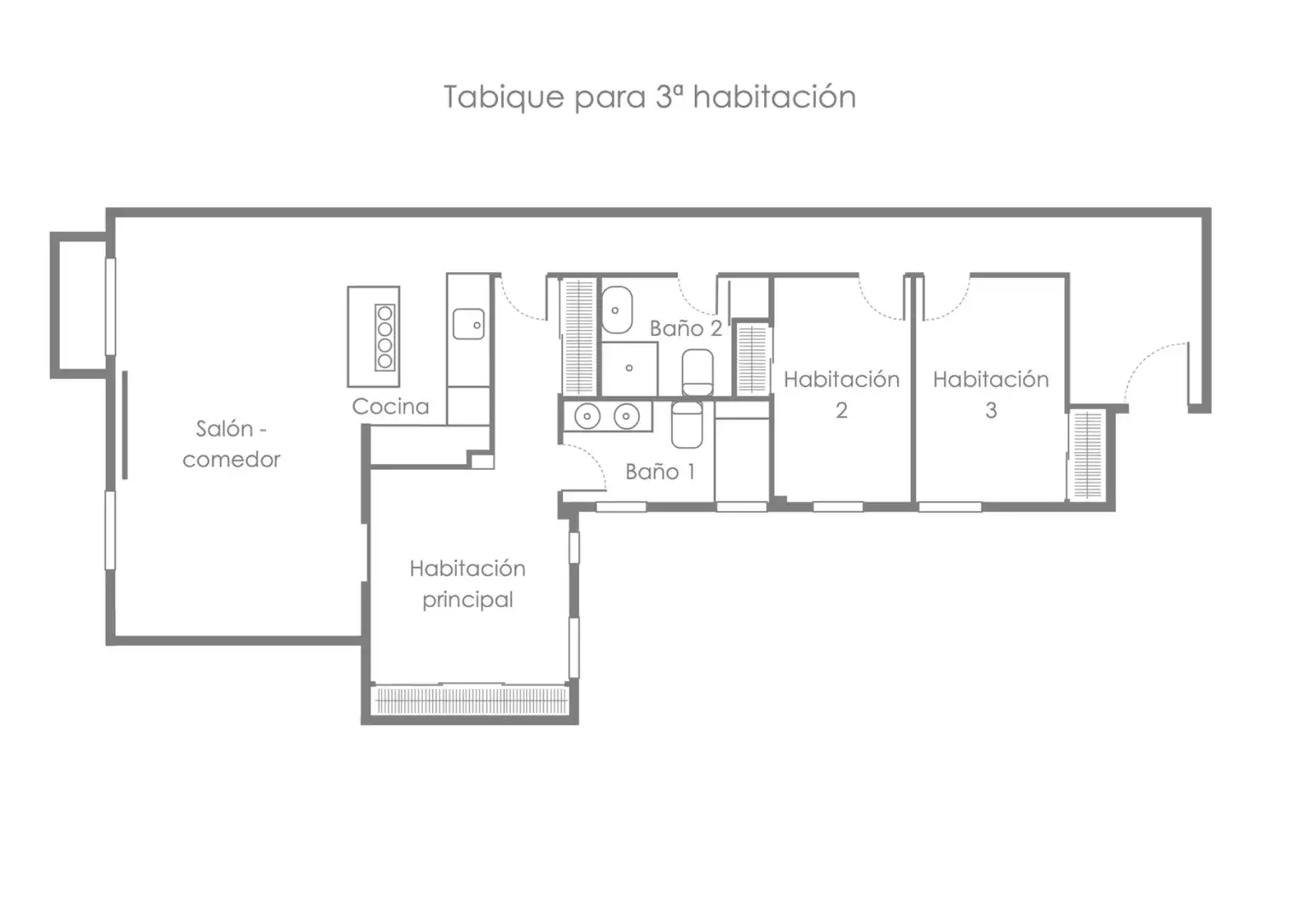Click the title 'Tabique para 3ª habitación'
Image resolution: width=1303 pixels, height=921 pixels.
click(x=650, y=96)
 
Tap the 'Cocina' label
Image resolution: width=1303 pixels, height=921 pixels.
click(x=391, y=406)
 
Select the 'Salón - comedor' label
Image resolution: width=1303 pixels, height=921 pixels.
click(x=231, y=444)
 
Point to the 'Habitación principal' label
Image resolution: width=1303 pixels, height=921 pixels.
click(x=467, y=583)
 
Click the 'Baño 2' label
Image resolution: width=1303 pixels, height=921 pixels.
click(x=686, y=328)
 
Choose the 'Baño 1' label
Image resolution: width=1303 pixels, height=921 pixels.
click(x=660, y=472)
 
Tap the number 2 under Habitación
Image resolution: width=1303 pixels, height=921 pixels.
click(x=842, y=411)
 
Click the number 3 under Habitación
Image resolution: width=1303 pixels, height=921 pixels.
click(x=991, y=411)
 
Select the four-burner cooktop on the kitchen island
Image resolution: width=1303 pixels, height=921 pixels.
click(x=385, y=338)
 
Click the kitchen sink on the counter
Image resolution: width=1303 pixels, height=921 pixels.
click(x=469, y=324)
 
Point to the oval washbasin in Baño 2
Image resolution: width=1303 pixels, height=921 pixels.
click(x=617, y=310)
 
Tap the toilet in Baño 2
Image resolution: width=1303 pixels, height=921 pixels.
click(x=698, y=373)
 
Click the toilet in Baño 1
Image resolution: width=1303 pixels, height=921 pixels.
click(x=687, y=425)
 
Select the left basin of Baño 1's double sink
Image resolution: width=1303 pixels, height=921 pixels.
click(x=588, y=416)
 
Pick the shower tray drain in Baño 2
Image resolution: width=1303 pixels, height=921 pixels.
click(x=628, y=368)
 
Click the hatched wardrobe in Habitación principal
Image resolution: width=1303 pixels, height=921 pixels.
click(x=470, y=700)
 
